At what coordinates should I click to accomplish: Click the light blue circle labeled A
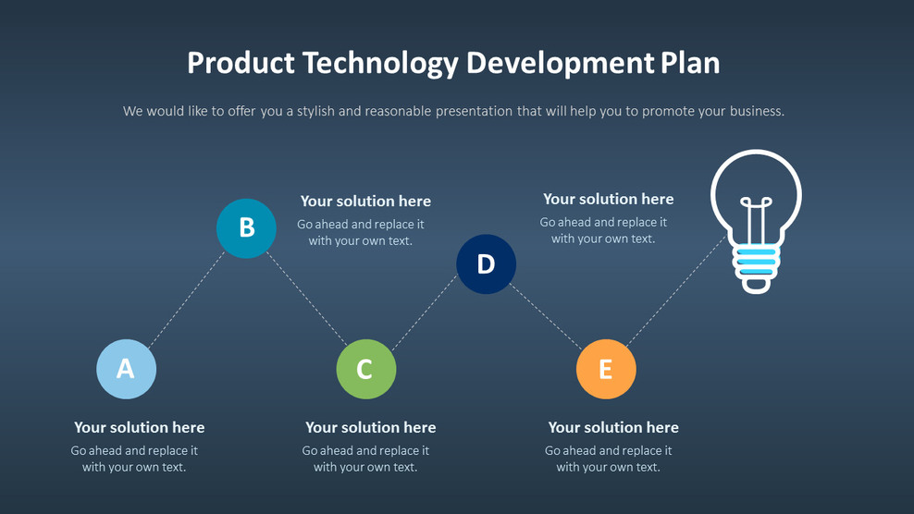126,369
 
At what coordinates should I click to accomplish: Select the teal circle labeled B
246,227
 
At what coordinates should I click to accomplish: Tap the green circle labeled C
365,369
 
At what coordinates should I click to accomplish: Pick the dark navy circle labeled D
486,264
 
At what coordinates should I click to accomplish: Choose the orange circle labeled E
605,369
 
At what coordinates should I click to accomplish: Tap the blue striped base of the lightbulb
756,262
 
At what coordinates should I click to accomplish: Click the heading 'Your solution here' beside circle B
365,202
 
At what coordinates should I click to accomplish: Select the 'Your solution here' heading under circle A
139,427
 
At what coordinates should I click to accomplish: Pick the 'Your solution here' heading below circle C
370,427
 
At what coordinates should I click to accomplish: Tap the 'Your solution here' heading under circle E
613,427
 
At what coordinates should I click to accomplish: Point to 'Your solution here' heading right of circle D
608,199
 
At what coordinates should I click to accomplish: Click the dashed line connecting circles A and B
186,298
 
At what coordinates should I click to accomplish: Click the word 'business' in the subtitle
755,111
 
